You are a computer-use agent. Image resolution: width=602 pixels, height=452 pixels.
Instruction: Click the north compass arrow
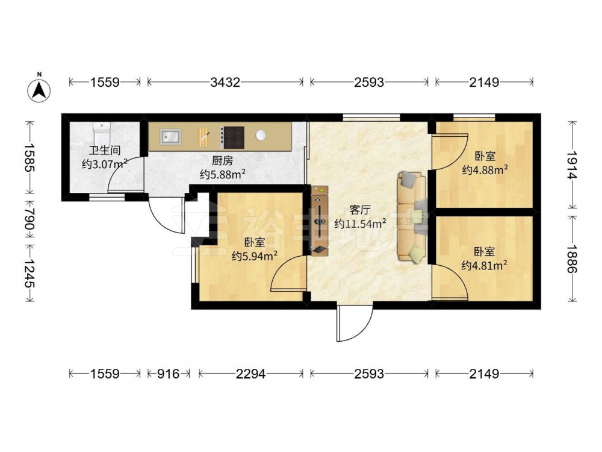tap(39, 91)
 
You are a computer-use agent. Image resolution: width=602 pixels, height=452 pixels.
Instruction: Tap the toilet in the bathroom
tap(102, 133)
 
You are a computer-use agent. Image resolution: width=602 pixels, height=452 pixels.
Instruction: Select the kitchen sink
tap(171, 137)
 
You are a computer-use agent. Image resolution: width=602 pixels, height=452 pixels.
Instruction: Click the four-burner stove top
tap(234, 137)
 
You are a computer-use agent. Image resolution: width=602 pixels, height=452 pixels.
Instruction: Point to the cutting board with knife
tap(204, 137)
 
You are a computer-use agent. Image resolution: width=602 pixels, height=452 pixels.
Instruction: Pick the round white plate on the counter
tap(261, 135)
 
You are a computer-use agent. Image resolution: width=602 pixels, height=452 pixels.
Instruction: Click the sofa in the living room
tap(412, 216)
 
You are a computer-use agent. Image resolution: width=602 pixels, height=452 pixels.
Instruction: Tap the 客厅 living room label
tap(360, 210)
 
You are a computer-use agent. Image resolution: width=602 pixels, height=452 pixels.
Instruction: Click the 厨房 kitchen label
tap(222, 160)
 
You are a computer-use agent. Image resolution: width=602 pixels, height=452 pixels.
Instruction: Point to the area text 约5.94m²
tap(255, 256)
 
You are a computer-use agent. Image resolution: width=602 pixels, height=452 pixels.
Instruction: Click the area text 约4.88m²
tap(485, 169)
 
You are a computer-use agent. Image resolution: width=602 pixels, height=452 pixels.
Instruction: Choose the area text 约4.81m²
tap(484, 265)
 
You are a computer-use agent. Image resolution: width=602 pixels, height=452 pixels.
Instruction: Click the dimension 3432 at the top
tap(225, 82)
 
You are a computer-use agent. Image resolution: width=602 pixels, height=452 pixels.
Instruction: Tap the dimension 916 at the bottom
tap(169, 374)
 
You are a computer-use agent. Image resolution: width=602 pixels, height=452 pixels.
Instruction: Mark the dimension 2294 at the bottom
tap(250, 374)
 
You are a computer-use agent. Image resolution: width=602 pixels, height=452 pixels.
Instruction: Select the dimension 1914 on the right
tap(572, 165)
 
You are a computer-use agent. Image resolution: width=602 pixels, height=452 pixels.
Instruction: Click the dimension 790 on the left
tap(29, 218)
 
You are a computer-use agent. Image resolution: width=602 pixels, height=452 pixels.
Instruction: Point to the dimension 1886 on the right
tap(572, 259)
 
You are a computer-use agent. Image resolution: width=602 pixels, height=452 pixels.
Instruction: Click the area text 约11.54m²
tap(360, 224)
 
